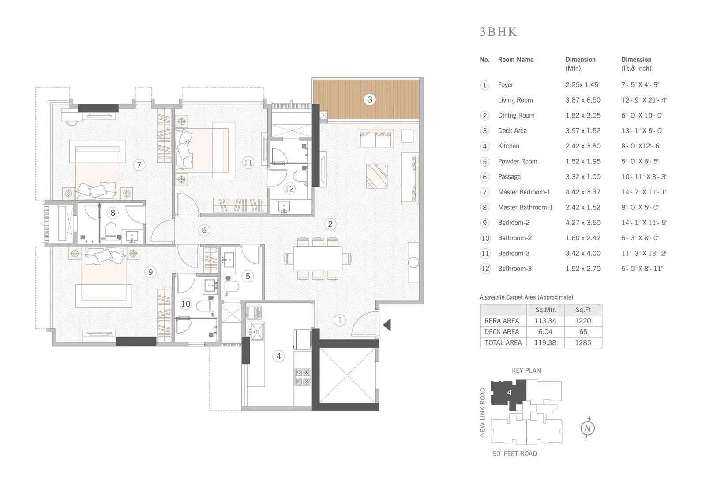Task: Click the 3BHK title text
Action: point(498,32)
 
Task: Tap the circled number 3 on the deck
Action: point(370,99)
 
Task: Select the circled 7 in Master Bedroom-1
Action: point(139,165)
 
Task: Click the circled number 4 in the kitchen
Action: point(278,356)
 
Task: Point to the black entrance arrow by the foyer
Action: point(387,325)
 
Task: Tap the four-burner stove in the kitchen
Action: point(303,377)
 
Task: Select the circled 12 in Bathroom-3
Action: point(289,189)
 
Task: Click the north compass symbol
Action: point(587,428)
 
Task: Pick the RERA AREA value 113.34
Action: point(545,321)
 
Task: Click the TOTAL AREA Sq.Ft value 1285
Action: point(583,342)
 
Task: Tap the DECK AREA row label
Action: point(502,332)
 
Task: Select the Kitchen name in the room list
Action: point(508,146)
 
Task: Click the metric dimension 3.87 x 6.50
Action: point(583,100)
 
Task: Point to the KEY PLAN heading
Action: point(526,371)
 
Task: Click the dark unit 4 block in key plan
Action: point(508,392)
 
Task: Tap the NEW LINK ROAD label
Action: point(482,412)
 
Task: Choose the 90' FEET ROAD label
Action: point(514,454)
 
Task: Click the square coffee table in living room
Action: point(377,176)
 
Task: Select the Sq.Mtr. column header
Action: point(545,310)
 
